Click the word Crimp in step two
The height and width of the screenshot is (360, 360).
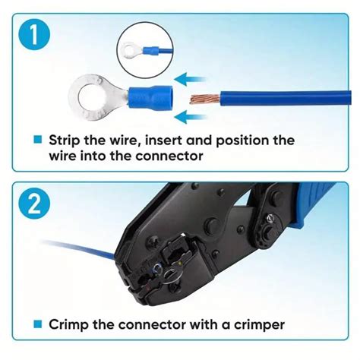[69, 324]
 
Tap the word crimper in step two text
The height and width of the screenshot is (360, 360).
[254, 324]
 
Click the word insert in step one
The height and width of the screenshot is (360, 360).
[178, 141]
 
